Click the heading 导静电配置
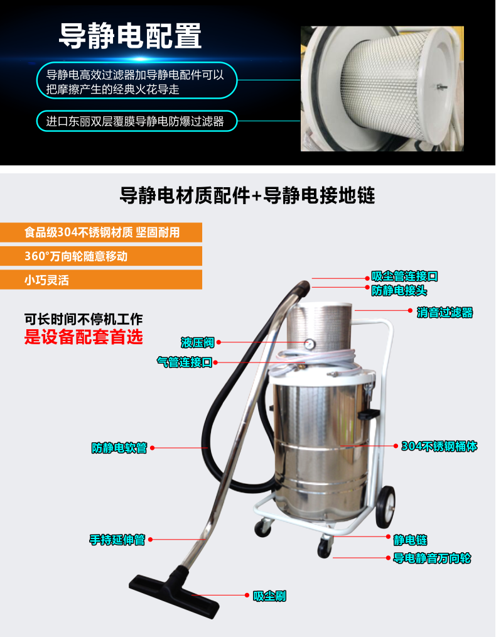pos(130,36)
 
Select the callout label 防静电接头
pos(399,290)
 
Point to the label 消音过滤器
pos(444,312)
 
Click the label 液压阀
pos(197,342)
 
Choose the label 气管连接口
pos(184,362)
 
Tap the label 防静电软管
pos(119,448)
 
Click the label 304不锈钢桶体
pos(439,447)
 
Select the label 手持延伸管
pos(117,540)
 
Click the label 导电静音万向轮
pos(432,558)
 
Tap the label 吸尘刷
pos(269,596)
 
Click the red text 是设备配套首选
pos(84,337)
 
